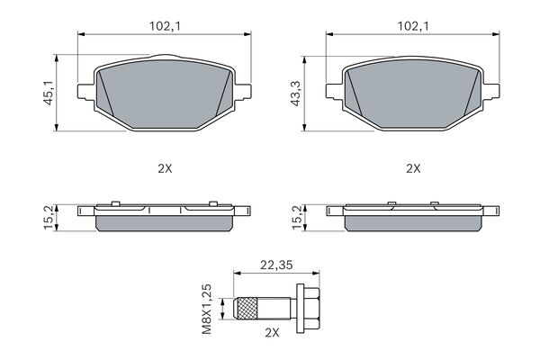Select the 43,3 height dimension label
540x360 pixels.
coord(295,94)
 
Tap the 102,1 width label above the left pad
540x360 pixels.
coord(165,26)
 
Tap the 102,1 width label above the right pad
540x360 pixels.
coord(413,26)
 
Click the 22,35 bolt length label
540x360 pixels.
coord(276,265)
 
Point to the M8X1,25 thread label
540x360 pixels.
coord(207,310)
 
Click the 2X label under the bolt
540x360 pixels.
coord(272,332)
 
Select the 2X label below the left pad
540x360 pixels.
coord(165,169)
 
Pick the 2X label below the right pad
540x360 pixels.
coord(413,169)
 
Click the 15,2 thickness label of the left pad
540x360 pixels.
coord(49,218)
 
